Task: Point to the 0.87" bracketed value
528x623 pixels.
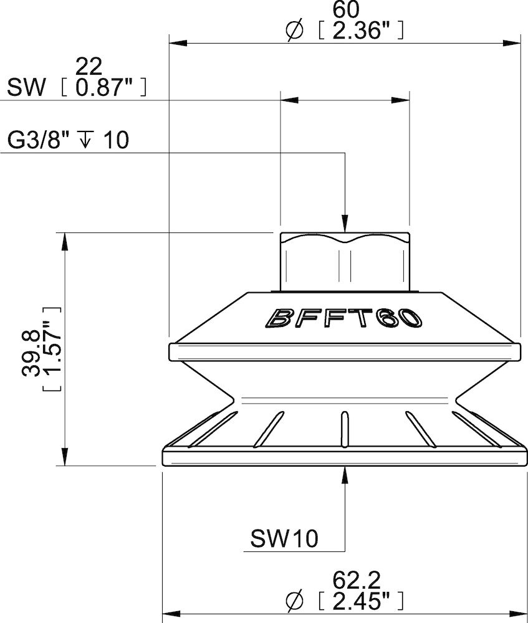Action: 104,88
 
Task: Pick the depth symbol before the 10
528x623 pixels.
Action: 85,140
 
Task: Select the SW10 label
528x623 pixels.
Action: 284,538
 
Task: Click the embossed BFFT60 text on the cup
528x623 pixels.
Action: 345,318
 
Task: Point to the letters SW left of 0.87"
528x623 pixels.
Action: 26,88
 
